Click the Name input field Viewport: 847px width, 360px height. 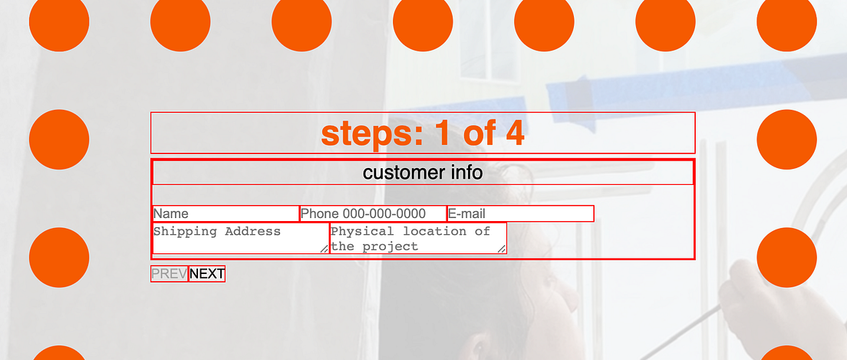click(x=225, y=213)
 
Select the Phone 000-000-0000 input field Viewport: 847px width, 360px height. click(x=373, y=213)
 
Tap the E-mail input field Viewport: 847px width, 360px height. click(x=520, y=213)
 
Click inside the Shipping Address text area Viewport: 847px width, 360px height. click(x=240, y=238)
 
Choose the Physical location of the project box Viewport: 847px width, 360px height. click(x=418, y=238)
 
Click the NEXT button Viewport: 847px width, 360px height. click(x=207, y=274)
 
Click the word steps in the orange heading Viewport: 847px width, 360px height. click(x=371, y=134)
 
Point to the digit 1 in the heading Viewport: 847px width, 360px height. click(x=442, y=134)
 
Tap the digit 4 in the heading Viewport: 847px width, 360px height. click(x=515, y=134)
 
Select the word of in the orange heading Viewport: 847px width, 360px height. click(x=479, y=134)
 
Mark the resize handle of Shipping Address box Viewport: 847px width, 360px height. click(x=325, y=249)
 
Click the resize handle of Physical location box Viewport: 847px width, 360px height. click(x=502, y=249)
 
